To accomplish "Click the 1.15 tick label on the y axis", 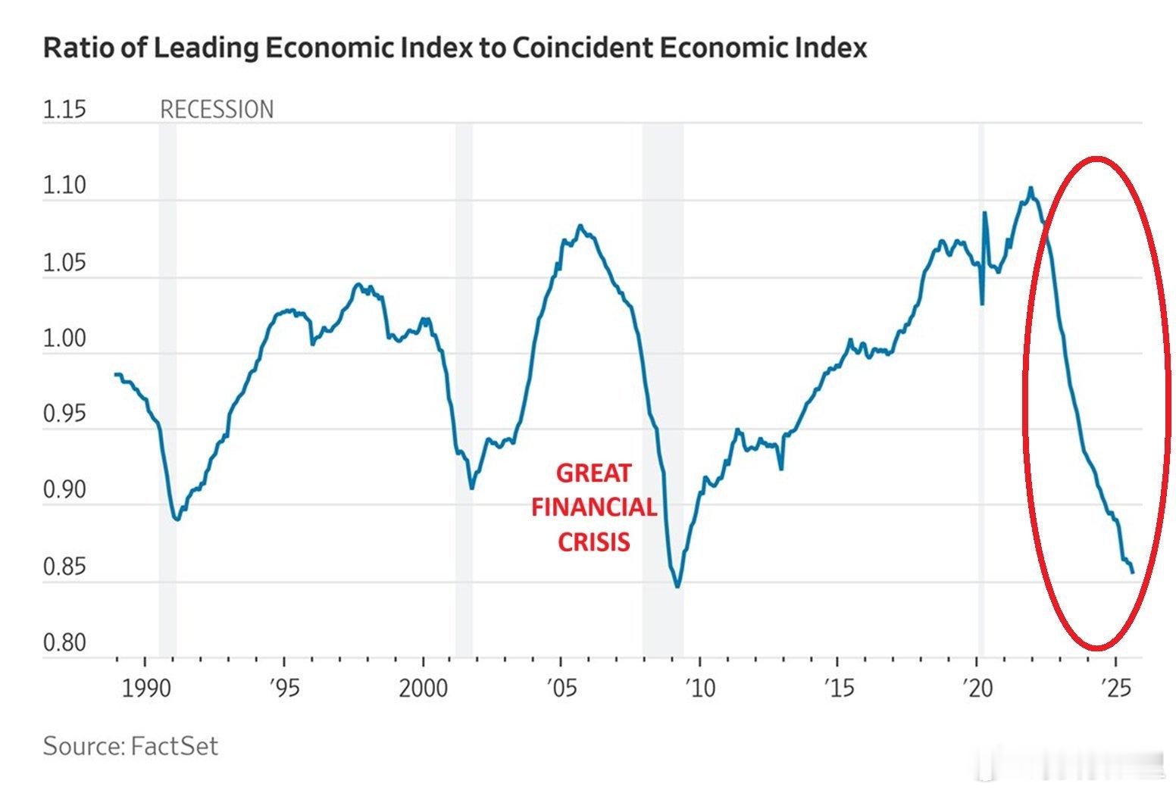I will point(64,110).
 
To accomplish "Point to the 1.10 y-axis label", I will point(64,186).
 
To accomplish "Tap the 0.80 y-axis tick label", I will point(64,643).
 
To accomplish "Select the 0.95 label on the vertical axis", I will point(64,414).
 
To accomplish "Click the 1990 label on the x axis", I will point(145,688).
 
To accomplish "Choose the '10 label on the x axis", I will point(699,688).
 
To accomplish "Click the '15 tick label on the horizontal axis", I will point(838,688).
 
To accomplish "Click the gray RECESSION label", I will point(217,110).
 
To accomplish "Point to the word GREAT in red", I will point(593,473).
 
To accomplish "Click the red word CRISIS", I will point(593,542).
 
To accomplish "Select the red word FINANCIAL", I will point(593,507).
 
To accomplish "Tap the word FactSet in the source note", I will point(174,746).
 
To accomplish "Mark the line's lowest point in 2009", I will point(677,586).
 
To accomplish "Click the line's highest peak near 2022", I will point(1031,188).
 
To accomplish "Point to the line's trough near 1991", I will point(177,520).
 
